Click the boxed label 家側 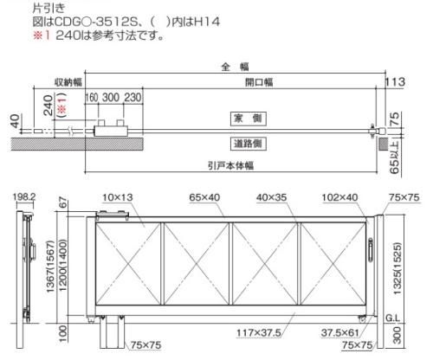(248, 119)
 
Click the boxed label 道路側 (248, 144)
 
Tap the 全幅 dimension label (235, 67)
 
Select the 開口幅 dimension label (259, 82)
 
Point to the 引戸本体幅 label (231, 166)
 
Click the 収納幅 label (68, 82)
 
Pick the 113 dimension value (396, 82)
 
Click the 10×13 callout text (118, 197)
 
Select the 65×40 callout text (204, 197)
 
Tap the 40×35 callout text (271, 197)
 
